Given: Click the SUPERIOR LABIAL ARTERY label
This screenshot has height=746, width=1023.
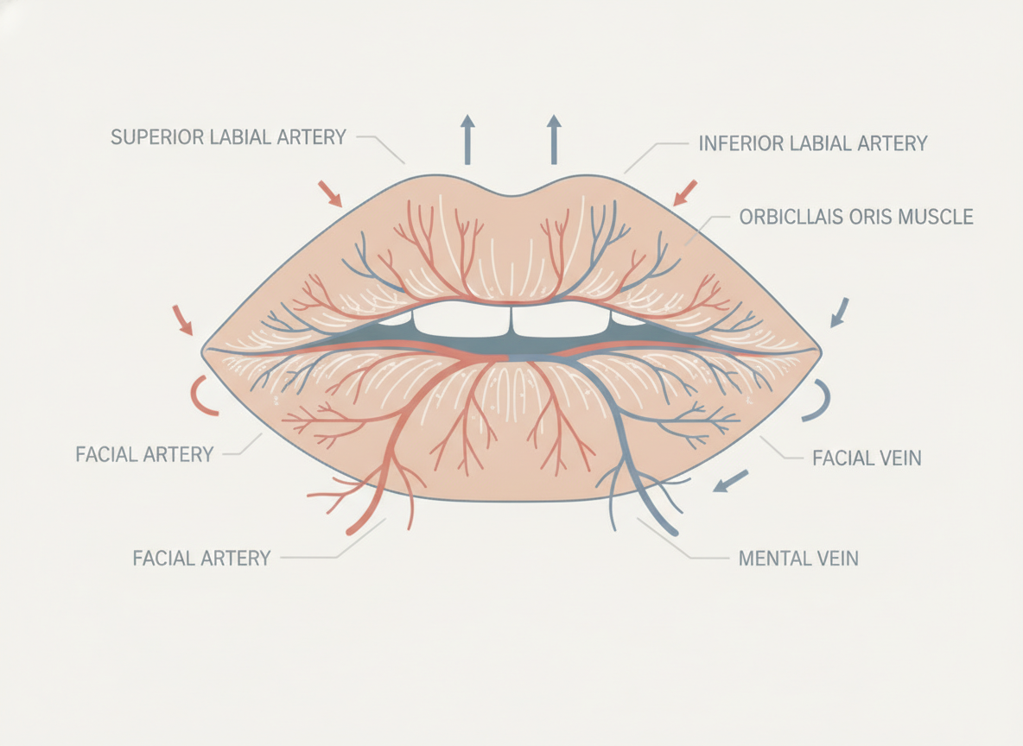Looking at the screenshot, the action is pos(228,137).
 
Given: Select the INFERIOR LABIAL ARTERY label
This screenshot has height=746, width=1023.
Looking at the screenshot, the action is pos(813,143).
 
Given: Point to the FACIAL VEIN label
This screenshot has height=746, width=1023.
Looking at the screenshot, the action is pos(867,458).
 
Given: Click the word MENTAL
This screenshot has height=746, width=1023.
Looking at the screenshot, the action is pos(772,558).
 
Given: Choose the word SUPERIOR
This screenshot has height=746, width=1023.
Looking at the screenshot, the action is pos(157,137).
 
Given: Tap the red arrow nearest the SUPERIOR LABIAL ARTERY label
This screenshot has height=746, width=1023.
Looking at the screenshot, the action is pos(330,194).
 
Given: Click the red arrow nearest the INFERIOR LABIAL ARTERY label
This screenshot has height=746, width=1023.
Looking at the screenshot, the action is pos(685,193).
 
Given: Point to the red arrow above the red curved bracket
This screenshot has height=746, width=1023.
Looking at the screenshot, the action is pos(182,320).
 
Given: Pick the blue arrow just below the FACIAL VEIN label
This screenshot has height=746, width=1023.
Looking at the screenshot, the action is pos(730,481).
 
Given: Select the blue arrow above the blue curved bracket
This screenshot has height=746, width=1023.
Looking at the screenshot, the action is pos(840,313).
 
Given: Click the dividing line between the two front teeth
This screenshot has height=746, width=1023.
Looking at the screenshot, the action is pos(511,320).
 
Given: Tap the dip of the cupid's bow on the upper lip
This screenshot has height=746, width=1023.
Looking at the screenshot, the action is pos(512,194).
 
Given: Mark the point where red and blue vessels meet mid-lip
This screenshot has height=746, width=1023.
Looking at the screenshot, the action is pos(507,357).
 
